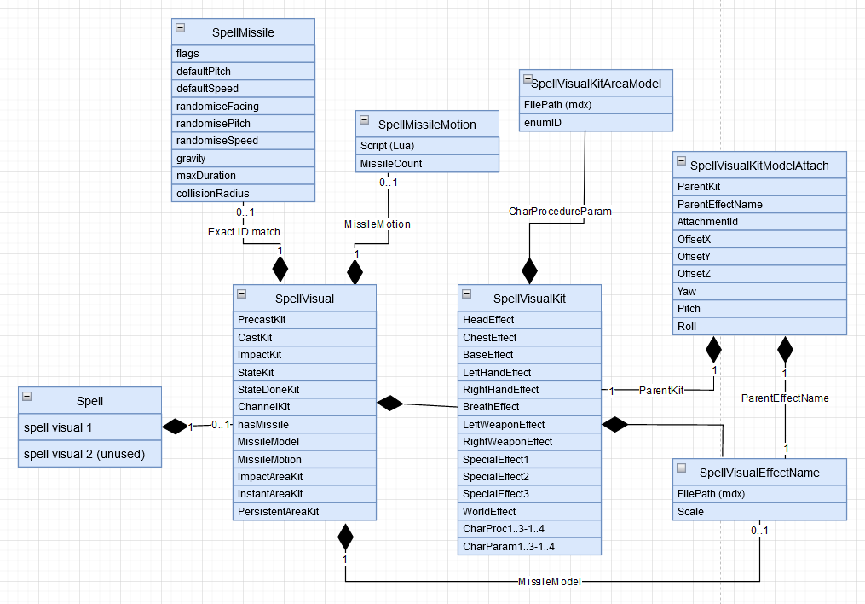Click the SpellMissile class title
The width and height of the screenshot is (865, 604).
point(243,33)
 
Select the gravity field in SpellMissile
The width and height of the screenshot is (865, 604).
point(243,159)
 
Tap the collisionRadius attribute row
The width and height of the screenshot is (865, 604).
point(243,194)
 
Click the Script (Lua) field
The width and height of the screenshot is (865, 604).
point(427,146)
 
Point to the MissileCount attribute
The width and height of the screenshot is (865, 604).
point(427,164)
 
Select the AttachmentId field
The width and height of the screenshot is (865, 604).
point(760,222)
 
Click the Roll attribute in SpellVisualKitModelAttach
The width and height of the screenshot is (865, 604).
point(760,327)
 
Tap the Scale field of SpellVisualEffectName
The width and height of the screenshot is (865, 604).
point(760,512)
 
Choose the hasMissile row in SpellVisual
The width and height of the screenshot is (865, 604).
point(304,425)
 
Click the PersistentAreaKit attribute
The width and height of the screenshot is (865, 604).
point(304,512)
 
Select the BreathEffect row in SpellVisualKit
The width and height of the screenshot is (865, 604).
point(529,407)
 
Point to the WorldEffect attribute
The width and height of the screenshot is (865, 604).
point(529,512)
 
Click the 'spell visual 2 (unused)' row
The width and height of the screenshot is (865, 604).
point(90,455)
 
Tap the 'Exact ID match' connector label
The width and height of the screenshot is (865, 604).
point(244,231)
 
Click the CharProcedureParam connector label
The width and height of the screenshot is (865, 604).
point(549,211)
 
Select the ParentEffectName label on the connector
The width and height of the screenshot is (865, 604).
point(784,398)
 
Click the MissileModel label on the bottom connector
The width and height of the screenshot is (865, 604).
point(551,582)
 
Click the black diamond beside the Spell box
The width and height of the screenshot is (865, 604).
point(175,425)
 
